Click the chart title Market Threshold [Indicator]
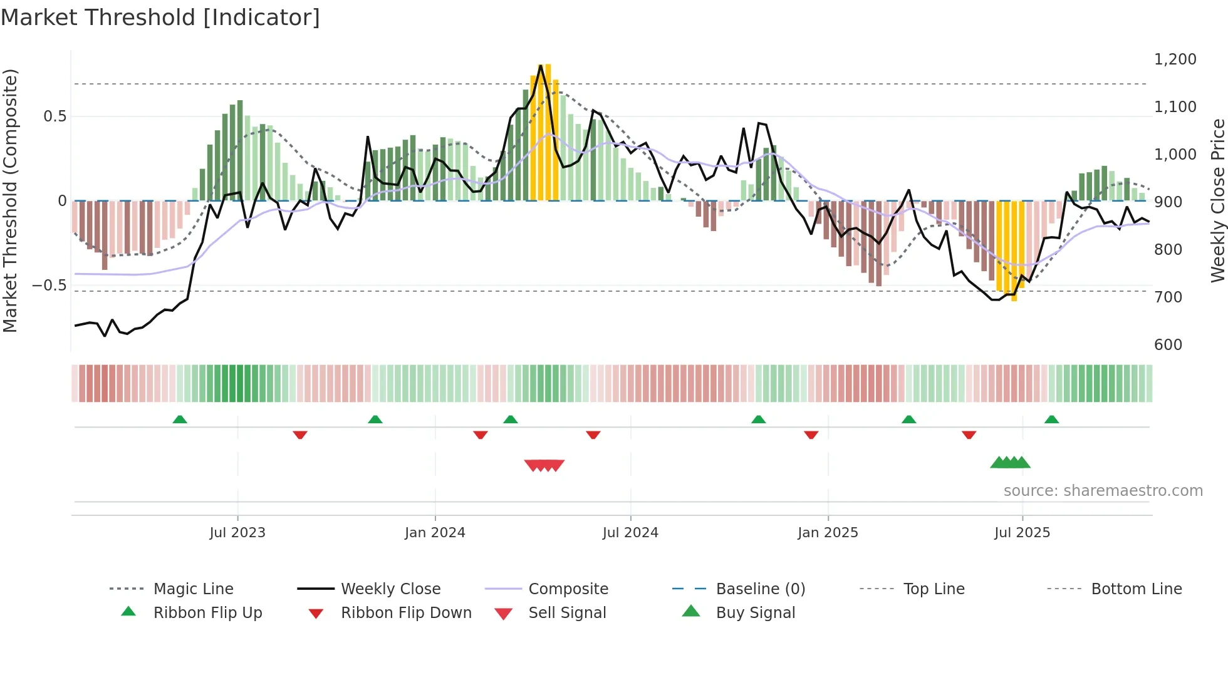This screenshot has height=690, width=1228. [x=160, y=18]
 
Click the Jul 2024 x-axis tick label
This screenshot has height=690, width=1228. [x=630, y=533]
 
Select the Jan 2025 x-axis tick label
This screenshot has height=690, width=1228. [x=828, y=533]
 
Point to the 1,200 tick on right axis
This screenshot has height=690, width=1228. [x=1175, y=59]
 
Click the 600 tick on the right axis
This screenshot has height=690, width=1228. [x=1168, y=345]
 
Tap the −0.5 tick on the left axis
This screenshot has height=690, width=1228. [x=49, y=286]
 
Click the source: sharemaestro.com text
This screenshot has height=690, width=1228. [x=1103, y=491]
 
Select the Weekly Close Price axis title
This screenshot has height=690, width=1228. [x=1217, y=200]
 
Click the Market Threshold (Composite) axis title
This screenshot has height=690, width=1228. [x=10, y=200]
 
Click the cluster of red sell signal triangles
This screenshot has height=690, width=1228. [x=544, y=465]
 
